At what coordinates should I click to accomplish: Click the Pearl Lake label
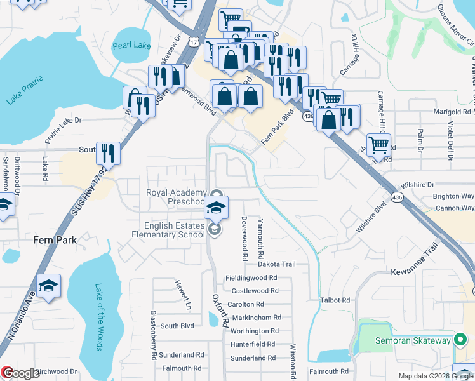click(x=131, y=46)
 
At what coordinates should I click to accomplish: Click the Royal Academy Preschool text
click(x=176, y=197)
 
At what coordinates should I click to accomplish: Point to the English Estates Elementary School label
click(x=174, y=230)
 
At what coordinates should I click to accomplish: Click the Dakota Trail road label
click(x=277, y=264)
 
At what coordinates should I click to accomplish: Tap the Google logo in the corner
click(x=20, y=373)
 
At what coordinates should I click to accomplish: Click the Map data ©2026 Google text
click(x=436, y=376)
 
